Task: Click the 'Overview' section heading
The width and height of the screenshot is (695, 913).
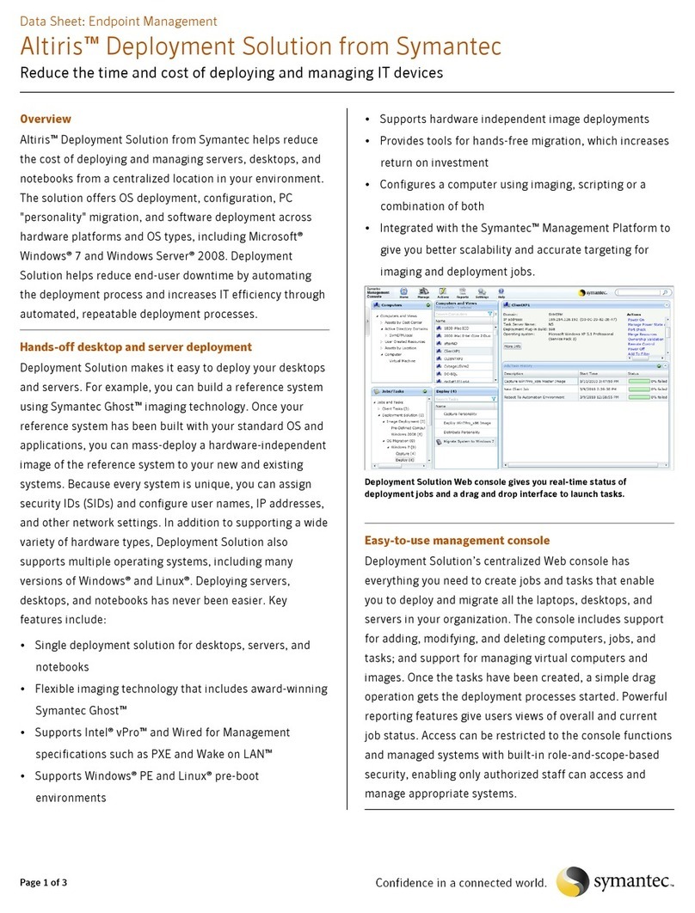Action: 45,119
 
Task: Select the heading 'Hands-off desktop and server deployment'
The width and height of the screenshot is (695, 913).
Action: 135,346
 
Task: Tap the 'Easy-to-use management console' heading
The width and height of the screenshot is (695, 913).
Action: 457,540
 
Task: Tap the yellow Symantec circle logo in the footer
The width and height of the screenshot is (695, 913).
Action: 574,881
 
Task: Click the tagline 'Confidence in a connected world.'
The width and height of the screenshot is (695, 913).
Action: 460,883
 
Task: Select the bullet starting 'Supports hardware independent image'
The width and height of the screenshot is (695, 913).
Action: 514,119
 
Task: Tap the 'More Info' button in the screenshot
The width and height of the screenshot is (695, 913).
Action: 513,346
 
